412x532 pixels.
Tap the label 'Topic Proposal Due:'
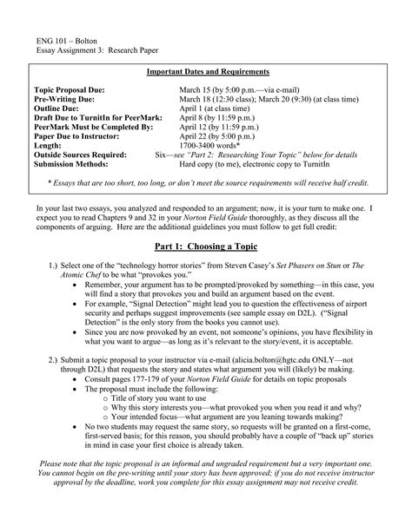(69, 89)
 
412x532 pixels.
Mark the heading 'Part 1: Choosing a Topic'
(206, 246)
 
